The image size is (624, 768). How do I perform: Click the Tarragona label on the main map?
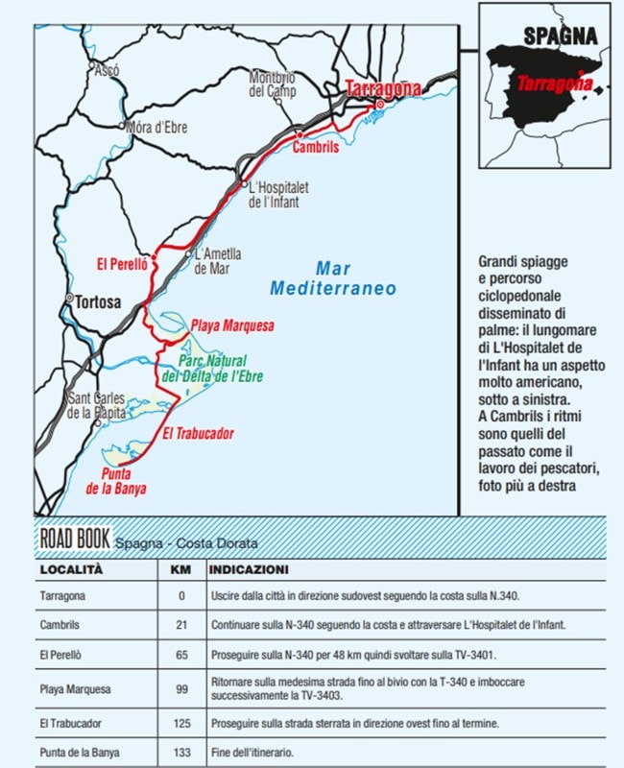point(382,88)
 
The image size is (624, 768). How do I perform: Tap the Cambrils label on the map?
point(316,148)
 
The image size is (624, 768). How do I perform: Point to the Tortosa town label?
point(99,301)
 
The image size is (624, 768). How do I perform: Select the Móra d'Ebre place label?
point(157,127)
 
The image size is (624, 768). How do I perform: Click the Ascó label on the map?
point(106,69)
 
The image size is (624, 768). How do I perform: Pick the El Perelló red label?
point(122,264)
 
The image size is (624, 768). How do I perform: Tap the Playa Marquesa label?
point(231,325)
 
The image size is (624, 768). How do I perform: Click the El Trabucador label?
point(198,434)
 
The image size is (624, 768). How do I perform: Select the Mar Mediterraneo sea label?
point(332,278)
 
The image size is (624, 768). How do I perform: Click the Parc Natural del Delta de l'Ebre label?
point(212,369)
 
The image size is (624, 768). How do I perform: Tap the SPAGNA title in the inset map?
point(560,36)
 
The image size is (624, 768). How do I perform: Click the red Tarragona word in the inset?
point(555,84)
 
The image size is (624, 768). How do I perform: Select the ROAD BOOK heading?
point(75,538)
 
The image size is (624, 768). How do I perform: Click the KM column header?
point(180,569)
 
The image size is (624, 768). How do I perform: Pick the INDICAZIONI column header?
point(248,569)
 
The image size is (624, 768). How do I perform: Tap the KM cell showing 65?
point(181,653)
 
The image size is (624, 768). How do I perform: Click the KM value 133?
point(181,752)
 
